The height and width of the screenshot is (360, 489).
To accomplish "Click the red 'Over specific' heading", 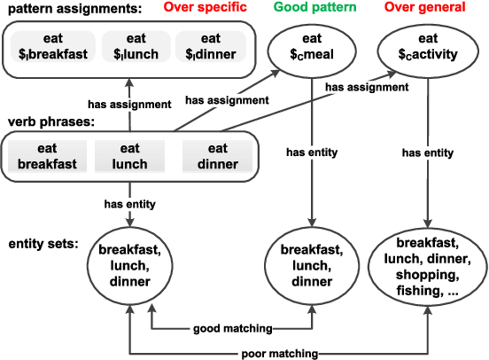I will tap(210, 8).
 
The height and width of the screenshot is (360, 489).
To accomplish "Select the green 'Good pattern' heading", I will tap(311, 8).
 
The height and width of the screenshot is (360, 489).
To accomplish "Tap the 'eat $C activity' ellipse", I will tap(427, 47).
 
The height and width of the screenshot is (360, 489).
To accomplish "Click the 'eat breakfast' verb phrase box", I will tap(46, 157).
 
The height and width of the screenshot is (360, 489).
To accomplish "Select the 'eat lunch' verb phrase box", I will tap(129, 157).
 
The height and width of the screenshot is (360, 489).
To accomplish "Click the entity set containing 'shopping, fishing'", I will tap(427, 265).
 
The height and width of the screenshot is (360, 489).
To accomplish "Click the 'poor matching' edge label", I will tap(282, 353).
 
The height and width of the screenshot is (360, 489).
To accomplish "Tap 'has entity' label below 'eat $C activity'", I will tap(429, 153).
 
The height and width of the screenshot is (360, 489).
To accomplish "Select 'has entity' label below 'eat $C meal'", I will tap(311, 153).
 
